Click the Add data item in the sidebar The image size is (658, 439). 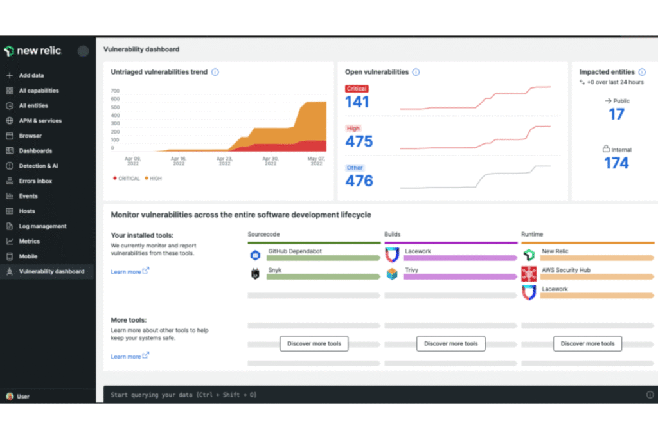31,75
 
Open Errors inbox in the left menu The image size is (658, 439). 35,181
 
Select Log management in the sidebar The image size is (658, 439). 42,226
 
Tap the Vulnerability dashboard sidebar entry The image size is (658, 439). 51,271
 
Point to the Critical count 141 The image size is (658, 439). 357,102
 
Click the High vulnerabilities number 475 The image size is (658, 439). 359,141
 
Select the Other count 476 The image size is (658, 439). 359,181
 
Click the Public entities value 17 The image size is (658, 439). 616,114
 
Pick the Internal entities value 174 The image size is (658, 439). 616,163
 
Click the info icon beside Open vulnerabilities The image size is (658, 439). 416,72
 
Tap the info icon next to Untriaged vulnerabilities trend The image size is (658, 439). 215,72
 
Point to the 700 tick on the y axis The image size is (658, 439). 115,91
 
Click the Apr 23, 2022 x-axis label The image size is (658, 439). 224,161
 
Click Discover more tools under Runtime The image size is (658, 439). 587,343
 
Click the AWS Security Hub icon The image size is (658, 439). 529,274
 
